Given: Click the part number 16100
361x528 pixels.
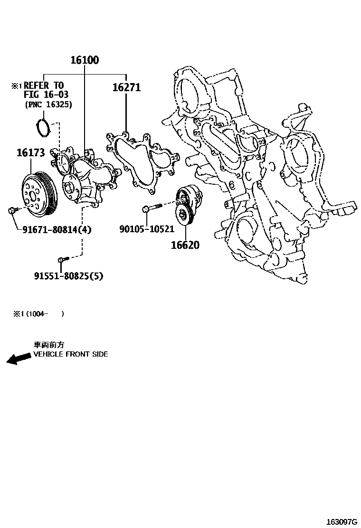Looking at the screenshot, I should coord(85,60).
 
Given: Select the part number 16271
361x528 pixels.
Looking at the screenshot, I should coord(126,88).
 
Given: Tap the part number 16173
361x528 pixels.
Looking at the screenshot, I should coord(31,153).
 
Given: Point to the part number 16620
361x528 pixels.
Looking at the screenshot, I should coord(185,245).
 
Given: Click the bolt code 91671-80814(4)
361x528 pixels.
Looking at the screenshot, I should coord(57,230).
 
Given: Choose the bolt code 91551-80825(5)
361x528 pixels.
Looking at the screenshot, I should coord(68,276).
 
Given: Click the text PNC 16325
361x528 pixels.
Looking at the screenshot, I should coord(48,105).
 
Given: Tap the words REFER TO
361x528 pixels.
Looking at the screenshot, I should coord(43,85).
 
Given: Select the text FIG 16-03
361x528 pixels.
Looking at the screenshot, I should coord(46,95).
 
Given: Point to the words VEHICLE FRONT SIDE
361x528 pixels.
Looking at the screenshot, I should coord(71,354).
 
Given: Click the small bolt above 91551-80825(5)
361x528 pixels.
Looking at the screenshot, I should coord(63,259).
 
